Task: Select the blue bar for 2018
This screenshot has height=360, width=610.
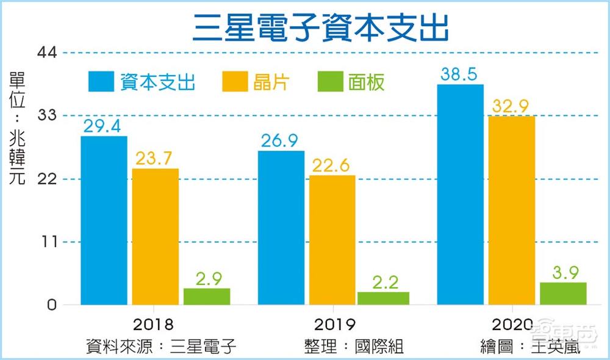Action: [x=104, y=220]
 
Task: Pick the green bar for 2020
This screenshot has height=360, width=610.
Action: [x=563, y=293]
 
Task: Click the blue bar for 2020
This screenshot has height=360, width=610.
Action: [x=461, y=195]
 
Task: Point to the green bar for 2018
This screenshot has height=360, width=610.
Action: [x=207, y=297]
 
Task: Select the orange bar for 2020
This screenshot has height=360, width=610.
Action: [x=512, y=211]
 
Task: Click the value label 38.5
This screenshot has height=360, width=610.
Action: [x=461, y=74]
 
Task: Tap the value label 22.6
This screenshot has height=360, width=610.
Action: [x=332, y=165]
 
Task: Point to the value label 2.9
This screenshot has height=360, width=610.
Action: [x=207, y=278]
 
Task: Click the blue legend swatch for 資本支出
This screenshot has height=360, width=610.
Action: [x=101, y=82]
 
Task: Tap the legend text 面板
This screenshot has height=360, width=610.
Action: [x=367, y=82]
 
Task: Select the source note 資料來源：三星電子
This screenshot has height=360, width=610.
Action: [x=161, y=347]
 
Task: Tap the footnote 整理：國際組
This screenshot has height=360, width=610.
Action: [x=354, y=347]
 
